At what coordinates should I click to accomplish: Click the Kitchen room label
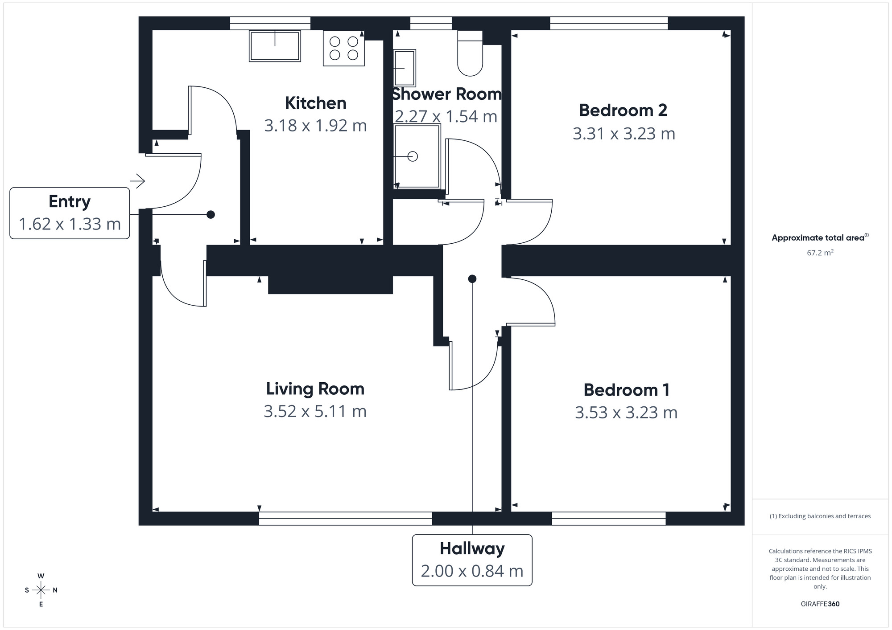315,103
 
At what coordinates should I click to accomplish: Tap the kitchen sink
275,45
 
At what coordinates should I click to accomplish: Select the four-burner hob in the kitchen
343,48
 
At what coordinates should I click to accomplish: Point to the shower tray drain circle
413,156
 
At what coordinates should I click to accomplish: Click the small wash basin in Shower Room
405,68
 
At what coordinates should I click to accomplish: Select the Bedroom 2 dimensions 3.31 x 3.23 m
624,134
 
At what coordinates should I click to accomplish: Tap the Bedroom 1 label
626,390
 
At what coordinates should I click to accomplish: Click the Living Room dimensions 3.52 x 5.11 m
315,411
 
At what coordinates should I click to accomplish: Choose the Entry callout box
70,213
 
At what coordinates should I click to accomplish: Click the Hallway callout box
472,560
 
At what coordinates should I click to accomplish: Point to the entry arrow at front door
138,181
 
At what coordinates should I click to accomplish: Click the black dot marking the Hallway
472,279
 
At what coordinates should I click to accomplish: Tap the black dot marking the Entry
211,215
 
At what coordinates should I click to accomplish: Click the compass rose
41,590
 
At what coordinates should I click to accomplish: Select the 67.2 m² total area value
820,253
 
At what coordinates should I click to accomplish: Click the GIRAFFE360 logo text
820,604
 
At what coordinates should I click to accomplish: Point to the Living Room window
345,518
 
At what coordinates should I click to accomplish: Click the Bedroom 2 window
608,23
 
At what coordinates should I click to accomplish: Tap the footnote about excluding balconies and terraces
820,516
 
